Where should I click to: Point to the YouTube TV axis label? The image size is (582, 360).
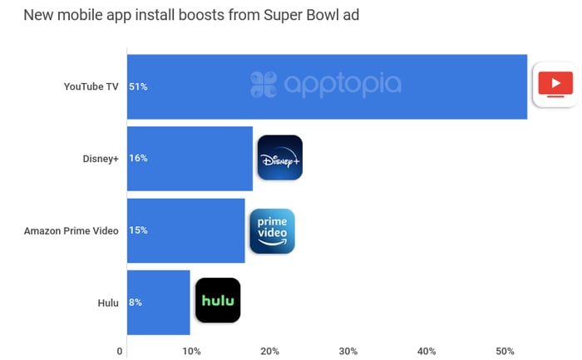(91, 86)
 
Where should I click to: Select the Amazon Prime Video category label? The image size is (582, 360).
(72, 230)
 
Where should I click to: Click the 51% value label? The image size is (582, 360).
(138, 86)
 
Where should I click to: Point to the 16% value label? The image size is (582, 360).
(138, 158)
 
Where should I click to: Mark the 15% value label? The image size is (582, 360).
(138, 230)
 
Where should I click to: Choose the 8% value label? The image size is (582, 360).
(136, 303)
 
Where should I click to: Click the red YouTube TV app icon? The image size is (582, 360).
(555, 85)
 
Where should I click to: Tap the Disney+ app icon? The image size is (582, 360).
(279, 158)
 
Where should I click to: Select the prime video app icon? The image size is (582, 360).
(272, 230)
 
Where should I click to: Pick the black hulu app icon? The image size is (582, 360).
(218, 300)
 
